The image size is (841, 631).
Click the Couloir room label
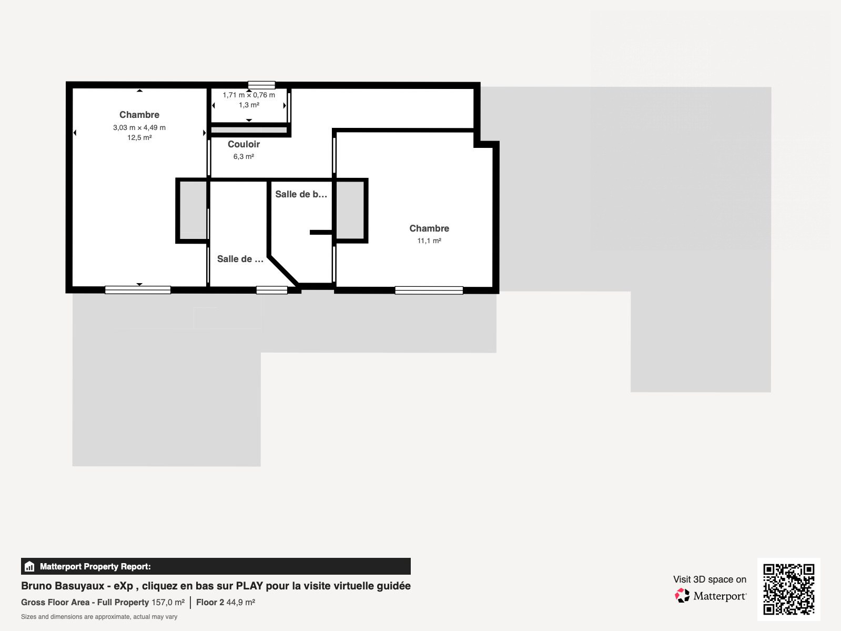pos(244,144)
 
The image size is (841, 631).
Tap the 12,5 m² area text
pos(139,138)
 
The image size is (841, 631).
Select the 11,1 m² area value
pos(429,241)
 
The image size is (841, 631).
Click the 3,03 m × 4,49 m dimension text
pos(139,128)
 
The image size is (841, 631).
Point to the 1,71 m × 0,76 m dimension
pos(249,95)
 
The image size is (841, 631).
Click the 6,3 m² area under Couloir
pos(244,156)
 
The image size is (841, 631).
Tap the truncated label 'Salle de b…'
pos(301,194)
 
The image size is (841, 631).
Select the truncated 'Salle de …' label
pos(240,259)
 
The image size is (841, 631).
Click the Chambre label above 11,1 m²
pos(429,228)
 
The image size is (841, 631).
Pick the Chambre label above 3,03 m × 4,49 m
pos(139,115)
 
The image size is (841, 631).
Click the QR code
pos(788,589)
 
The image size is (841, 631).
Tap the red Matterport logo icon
pos(682,595)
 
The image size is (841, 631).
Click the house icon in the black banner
pos(29,566)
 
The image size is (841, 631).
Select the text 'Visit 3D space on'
pos(710,579)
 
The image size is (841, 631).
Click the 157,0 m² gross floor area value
pos(168,602)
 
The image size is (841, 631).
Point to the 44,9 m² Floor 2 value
pos(240,602)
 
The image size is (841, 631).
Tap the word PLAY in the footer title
pos(249,586)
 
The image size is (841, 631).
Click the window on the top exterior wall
pos(261,85)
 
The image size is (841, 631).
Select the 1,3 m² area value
pos(249,105)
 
